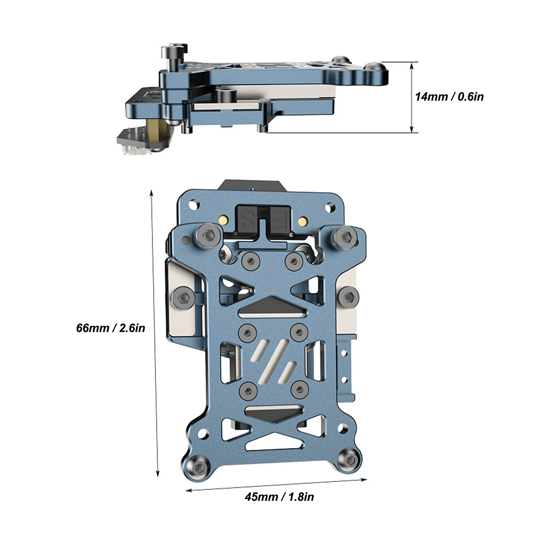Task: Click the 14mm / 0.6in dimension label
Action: [x=449, y=97]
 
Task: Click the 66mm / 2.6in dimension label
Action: [x=110, y=328]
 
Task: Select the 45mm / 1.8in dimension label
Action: [x=279, y=497]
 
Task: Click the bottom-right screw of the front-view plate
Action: [x=349, y=459]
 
